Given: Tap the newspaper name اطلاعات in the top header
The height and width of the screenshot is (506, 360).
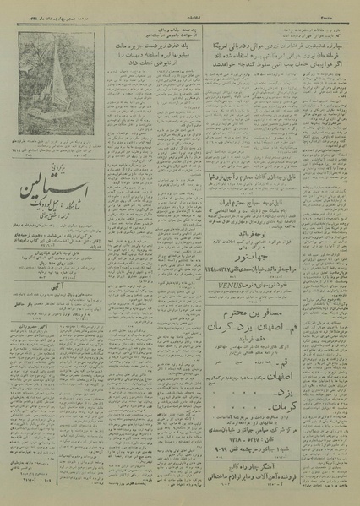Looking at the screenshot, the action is click(x=179, y=8).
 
